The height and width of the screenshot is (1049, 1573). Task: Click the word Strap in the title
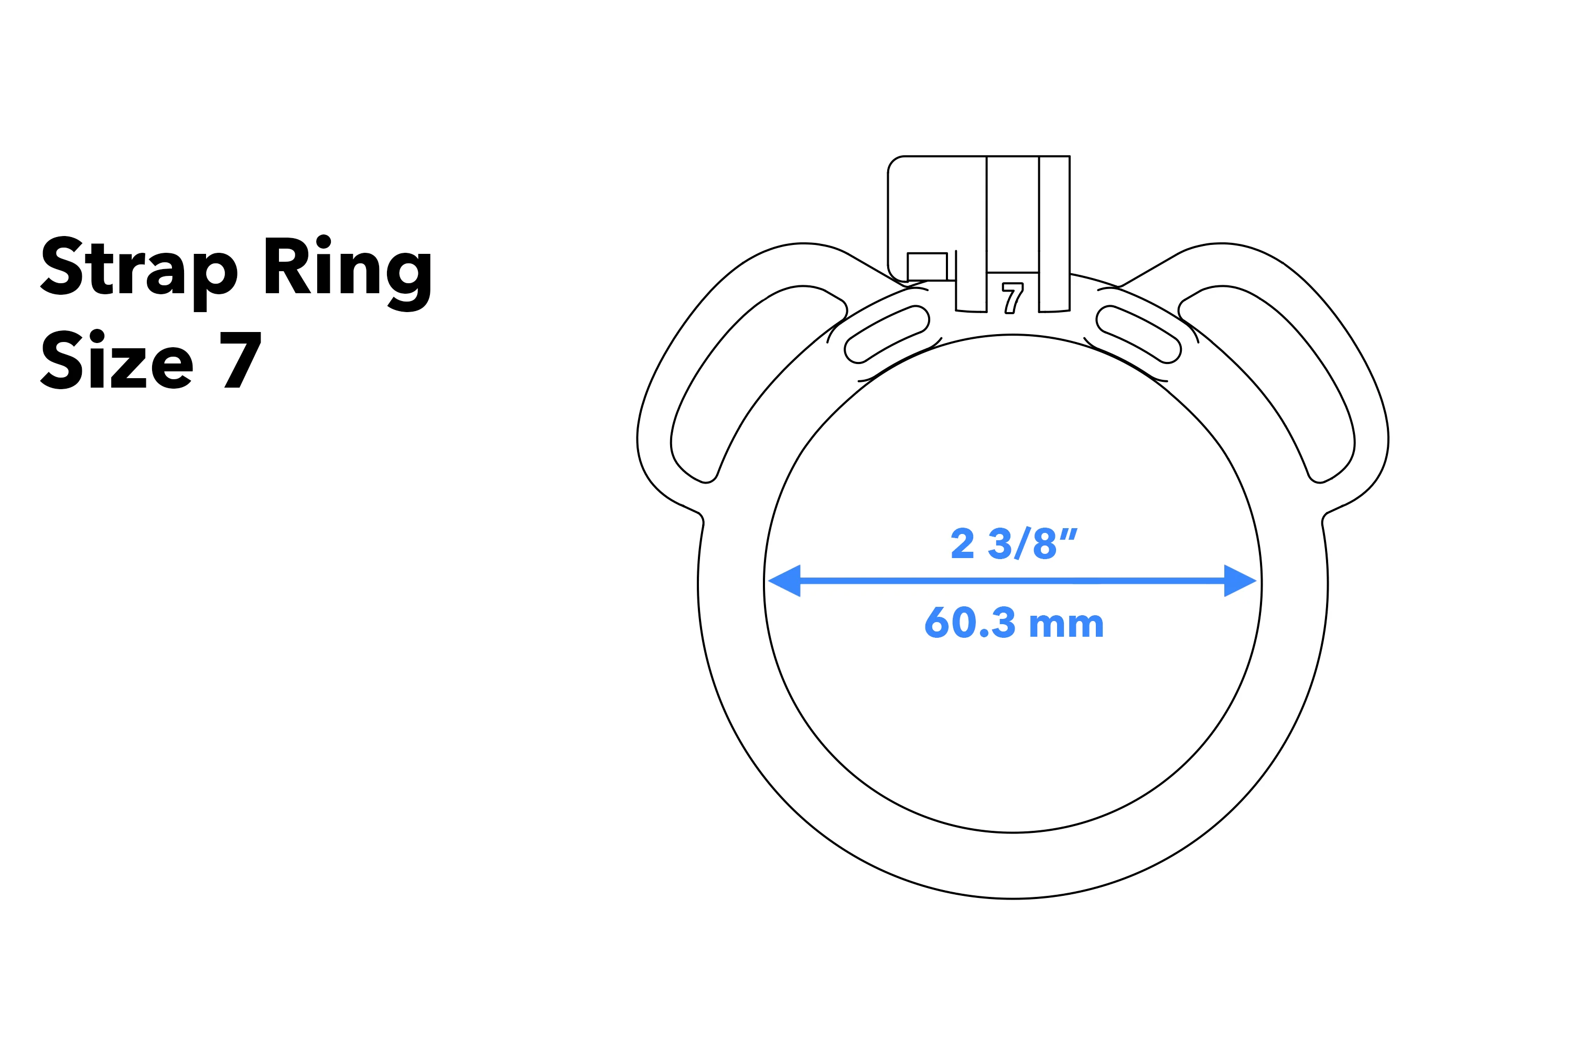pyautogui.click(x=139, y=267)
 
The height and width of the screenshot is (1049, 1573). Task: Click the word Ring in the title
pyautogui.click(x=347, y=267)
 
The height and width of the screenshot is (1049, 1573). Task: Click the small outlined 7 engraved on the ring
pyautogui.click(x=1012, y=298)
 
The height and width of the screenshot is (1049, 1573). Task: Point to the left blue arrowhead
pyautogui.click(x=784, y=581)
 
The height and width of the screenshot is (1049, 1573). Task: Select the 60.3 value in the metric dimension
pyautogui.click(x=969, y=623)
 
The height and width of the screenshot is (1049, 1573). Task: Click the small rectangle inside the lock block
pyautogui.click(x=927, y=266)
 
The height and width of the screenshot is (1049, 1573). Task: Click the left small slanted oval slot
pyautogui.click(x=887, y=335)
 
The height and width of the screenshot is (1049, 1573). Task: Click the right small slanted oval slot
pyautogui.click(x=1138, y=335)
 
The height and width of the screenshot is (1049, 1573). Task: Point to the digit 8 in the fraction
pyautogui.click(x=1044, y=544)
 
